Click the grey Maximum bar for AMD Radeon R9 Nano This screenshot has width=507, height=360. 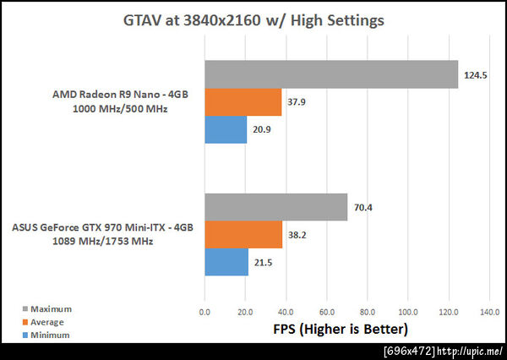point(330,74)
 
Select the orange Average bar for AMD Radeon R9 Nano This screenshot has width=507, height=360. point(243,102)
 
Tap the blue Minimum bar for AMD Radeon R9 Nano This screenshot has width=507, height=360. point(225,129)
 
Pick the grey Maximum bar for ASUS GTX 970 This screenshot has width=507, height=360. point(275,207)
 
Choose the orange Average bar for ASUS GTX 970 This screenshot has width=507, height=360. point(243,235)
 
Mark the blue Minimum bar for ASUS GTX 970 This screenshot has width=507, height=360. point(226,263)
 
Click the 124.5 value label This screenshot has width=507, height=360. point(474,75)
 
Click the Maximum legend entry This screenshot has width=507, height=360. point(47,308)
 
